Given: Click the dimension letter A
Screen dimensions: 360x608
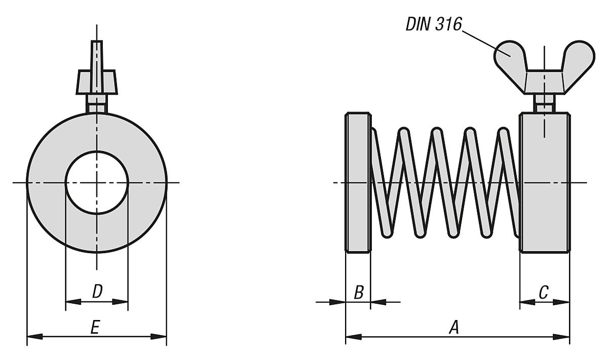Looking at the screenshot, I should pos(454,329).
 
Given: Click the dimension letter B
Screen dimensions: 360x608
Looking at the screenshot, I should pos(358,293).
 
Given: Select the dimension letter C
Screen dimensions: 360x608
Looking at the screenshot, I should pos(543,293).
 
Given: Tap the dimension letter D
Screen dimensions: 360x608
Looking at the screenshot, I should pos(97,292).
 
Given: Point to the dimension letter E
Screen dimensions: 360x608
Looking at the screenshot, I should pos(95,328).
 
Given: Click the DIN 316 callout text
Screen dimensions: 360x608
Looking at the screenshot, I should pos(434,24).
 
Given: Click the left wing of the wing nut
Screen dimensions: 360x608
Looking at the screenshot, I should pos(508,56).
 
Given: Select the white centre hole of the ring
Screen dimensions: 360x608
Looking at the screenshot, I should pos(96,182).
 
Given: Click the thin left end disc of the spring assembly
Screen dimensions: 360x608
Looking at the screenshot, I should pos(358,182).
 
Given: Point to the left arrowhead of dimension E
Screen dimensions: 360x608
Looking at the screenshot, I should pos(33,336).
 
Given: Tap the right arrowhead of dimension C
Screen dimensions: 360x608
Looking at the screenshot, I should pos(562,302).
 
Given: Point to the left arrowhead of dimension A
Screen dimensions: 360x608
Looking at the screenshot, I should pos(353,336).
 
